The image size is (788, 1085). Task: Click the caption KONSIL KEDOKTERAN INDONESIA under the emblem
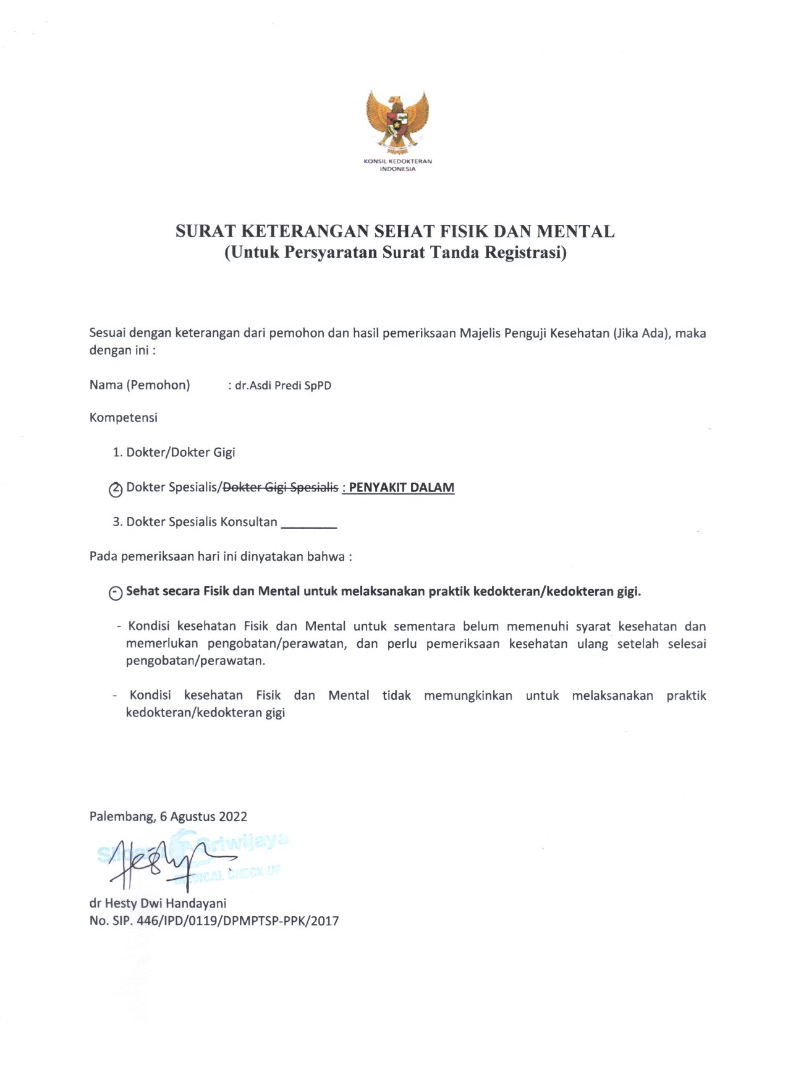click(397, 165)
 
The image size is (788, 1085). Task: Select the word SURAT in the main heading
click(205, 232)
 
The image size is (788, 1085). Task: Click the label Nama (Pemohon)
click(140, 385)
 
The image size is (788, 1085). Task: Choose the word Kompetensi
click(124, 418)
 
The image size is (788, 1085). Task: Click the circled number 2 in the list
click(116, 489)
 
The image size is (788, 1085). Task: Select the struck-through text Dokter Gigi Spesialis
click(281, 488)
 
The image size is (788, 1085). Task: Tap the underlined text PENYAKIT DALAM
click(401, 488)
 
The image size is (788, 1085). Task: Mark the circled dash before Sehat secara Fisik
click(116, 593)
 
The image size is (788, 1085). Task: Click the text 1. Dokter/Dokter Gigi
click(174, 453)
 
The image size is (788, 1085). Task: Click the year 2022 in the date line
click(233, 817)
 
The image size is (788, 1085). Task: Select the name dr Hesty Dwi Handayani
click(158, 903)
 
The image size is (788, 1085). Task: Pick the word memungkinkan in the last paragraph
click(468, 696)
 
